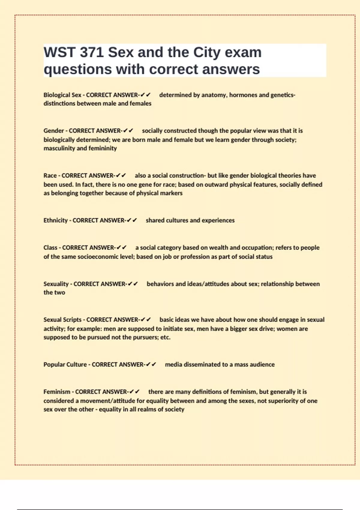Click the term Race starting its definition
click(50, 175)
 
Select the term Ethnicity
click(55, 220)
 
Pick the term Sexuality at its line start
click(56, 284)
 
